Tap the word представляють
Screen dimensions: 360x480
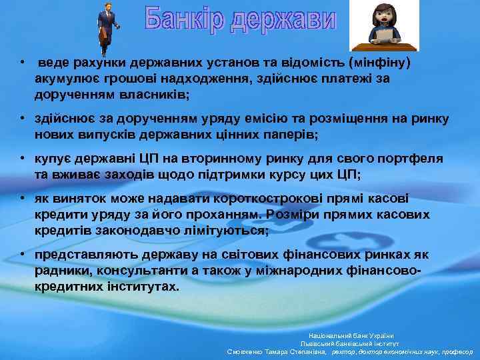[x=84, y=255]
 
